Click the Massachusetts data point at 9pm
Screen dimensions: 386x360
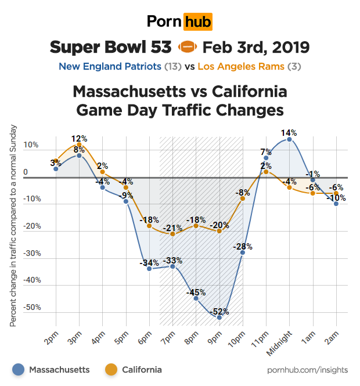coord(219,318)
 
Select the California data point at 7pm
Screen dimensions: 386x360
coord(172,234)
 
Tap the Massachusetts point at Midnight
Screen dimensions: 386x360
coord(289,140)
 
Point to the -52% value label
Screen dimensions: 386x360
coord(219,311)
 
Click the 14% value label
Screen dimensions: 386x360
coord(289,132)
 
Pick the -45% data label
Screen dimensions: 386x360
coord(196,293)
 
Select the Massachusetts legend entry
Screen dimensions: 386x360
coord(53,369)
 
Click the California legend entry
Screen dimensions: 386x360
coord(135,369)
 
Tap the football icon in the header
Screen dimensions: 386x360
coord(187,46)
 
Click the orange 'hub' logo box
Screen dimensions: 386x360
coord(197,22)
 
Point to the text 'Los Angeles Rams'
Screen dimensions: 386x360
coord(241,66)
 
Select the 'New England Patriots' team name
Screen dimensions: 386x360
coord(110,66)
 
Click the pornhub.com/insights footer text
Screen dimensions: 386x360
coord(308,370)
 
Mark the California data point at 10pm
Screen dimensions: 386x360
coord(243,199)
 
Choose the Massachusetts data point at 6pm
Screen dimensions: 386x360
coord(149,269)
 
